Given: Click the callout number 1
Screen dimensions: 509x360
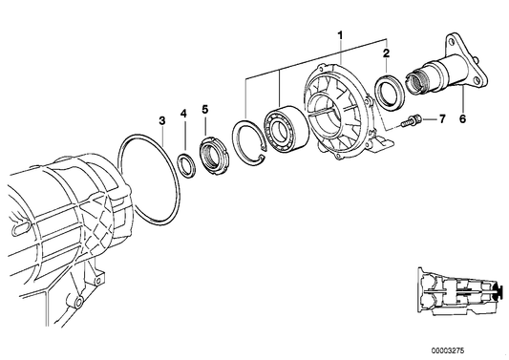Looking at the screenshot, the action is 340,34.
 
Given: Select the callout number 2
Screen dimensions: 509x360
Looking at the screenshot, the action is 386,53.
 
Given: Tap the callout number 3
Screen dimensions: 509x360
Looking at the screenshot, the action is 162,120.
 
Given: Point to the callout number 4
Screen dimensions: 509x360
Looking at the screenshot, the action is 183,114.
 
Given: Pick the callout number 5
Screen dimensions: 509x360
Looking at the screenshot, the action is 204,109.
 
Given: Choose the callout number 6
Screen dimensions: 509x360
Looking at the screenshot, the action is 462,118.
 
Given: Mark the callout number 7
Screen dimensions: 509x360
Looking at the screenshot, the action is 442,119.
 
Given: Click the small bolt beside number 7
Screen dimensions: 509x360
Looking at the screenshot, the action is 412,120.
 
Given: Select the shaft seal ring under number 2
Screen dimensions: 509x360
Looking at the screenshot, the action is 390,90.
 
